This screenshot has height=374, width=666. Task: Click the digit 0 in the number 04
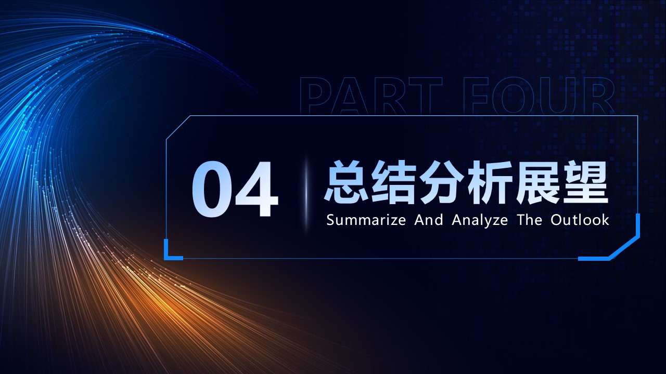(211, 189)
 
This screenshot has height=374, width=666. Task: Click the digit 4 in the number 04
(256, 189)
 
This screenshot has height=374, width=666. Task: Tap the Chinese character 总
(347, 182)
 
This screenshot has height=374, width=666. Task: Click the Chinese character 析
(490, 182)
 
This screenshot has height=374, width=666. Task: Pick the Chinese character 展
(537, 182)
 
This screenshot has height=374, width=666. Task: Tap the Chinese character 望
(585, 182)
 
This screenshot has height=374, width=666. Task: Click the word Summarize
(366, 220)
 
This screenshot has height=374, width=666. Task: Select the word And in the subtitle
(429, 220)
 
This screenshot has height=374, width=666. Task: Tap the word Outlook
(580, 220)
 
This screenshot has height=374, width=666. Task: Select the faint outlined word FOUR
(539, 96)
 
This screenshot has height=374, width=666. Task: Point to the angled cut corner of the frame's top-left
(178, 128)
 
